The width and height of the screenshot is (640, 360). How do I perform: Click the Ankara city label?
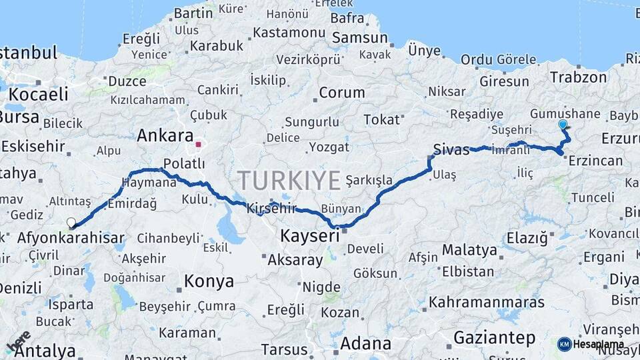pos(165,135)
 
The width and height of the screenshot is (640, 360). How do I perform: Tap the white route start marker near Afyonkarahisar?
pos(71,223)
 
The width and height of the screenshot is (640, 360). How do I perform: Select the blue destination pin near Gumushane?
pos(563,125)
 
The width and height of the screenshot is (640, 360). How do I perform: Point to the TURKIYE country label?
pos(289,179)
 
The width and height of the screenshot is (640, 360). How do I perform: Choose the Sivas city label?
pos(451,149)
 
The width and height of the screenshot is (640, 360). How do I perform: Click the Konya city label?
pos(209,281)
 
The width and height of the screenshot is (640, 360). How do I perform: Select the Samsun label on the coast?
pos(360,38)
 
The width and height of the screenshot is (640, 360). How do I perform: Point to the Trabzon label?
pos(578,77)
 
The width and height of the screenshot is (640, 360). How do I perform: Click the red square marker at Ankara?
pos(198,143)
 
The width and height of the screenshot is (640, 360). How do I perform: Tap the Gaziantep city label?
pos(494,338)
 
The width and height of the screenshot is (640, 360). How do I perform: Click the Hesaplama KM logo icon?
pos(565,344)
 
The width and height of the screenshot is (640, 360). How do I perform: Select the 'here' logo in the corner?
pos(19,342)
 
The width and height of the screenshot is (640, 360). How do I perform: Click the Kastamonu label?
pos(289,32)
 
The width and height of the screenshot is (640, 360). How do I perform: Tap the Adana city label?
pos(366,343)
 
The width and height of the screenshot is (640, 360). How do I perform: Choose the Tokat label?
pos(381,119)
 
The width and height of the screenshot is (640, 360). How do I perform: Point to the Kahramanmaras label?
pos(486,302)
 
